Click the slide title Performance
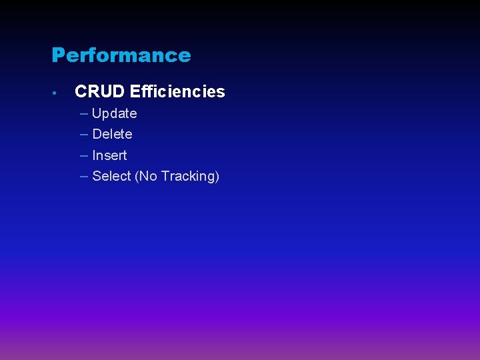121,55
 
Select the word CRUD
100,91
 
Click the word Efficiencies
177,91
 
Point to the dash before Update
83,113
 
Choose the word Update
115,113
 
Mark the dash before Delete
83,134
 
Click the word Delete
112,134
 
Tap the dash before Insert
83,155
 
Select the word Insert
109,155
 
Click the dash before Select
83,176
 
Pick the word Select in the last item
111,176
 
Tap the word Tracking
187,177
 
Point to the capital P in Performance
57,55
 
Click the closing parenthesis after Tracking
217,177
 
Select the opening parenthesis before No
137,177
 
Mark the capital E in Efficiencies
135,91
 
